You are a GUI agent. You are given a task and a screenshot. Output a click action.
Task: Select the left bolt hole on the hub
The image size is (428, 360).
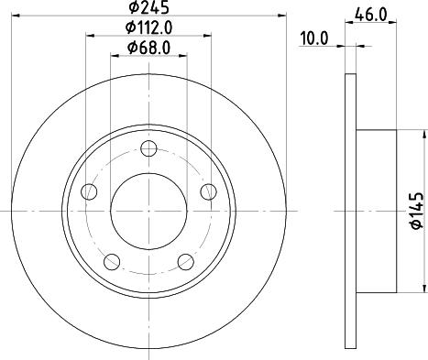89,192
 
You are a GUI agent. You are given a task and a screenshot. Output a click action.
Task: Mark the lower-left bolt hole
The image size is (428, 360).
112,261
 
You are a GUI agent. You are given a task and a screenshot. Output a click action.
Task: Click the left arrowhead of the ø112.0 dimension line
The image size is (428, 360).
89,37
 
